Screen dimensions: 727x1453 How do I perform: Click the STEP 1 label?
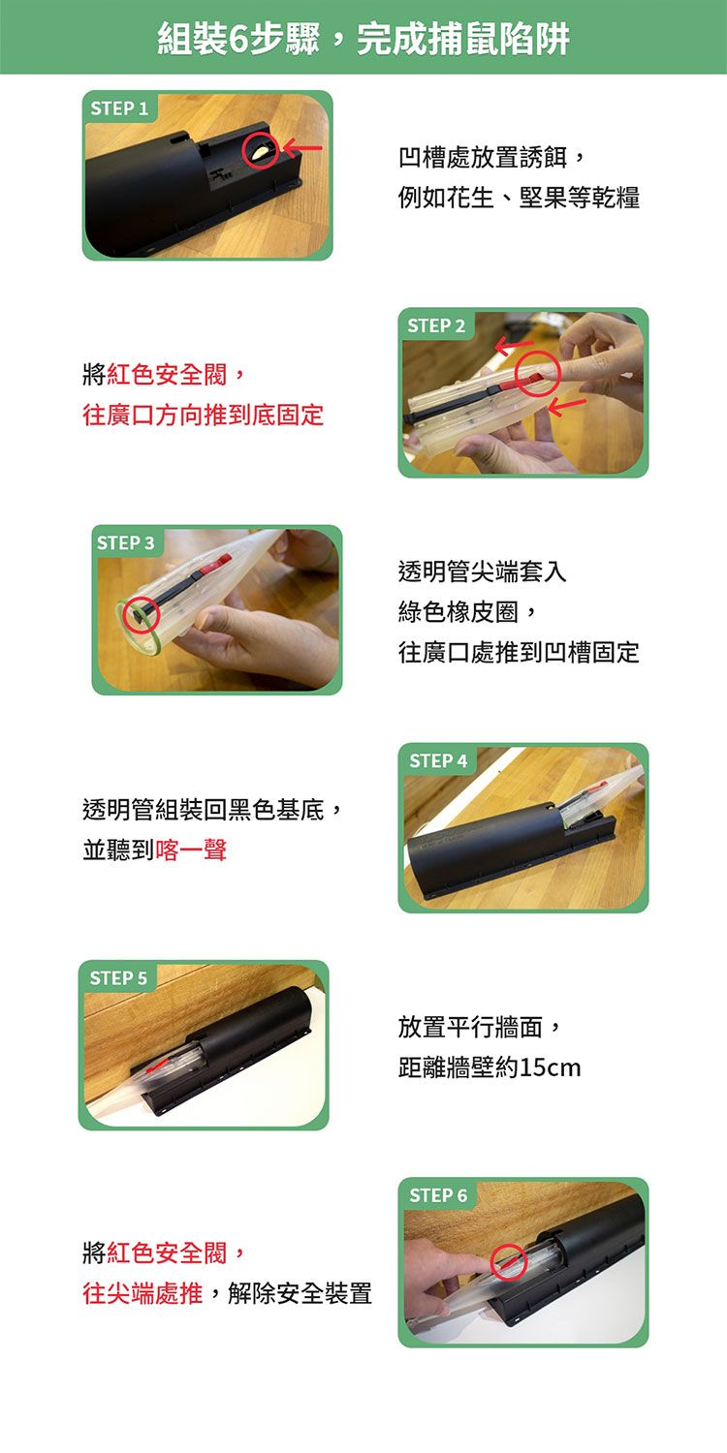(119, 108)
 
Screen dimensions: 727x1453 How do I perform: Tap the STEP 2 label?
(436, 325)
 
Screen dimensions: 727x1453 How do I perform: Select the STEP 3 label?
(126, 542)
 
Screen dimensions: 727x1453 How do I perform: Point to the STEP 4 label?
(438, 760)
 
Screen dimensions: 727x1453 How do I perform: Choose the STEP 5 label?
(119, 978)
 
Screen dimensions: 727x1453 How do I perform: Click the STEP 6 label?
(438, 1195)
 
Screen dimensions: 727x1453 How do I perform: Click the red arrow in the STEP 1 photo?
(302, 149)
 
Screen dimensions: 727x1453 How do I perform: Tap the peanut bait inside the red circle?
(261, 152)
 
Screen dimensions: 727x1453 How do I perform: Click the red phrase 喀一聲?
(191, 850)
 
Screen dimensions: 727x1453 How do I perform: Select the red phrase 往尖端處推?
(142, 1293)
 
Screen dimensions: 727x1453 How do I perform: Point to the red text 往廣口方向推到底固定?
(204, 416)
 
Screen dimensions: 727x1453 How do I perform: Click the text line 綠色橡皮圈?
(458, 611)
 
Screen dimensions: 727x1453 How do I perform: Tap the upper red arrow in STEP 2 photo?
(514, 347)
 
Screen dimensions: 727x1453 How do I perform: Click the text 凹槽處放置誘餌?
(483, 158)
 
